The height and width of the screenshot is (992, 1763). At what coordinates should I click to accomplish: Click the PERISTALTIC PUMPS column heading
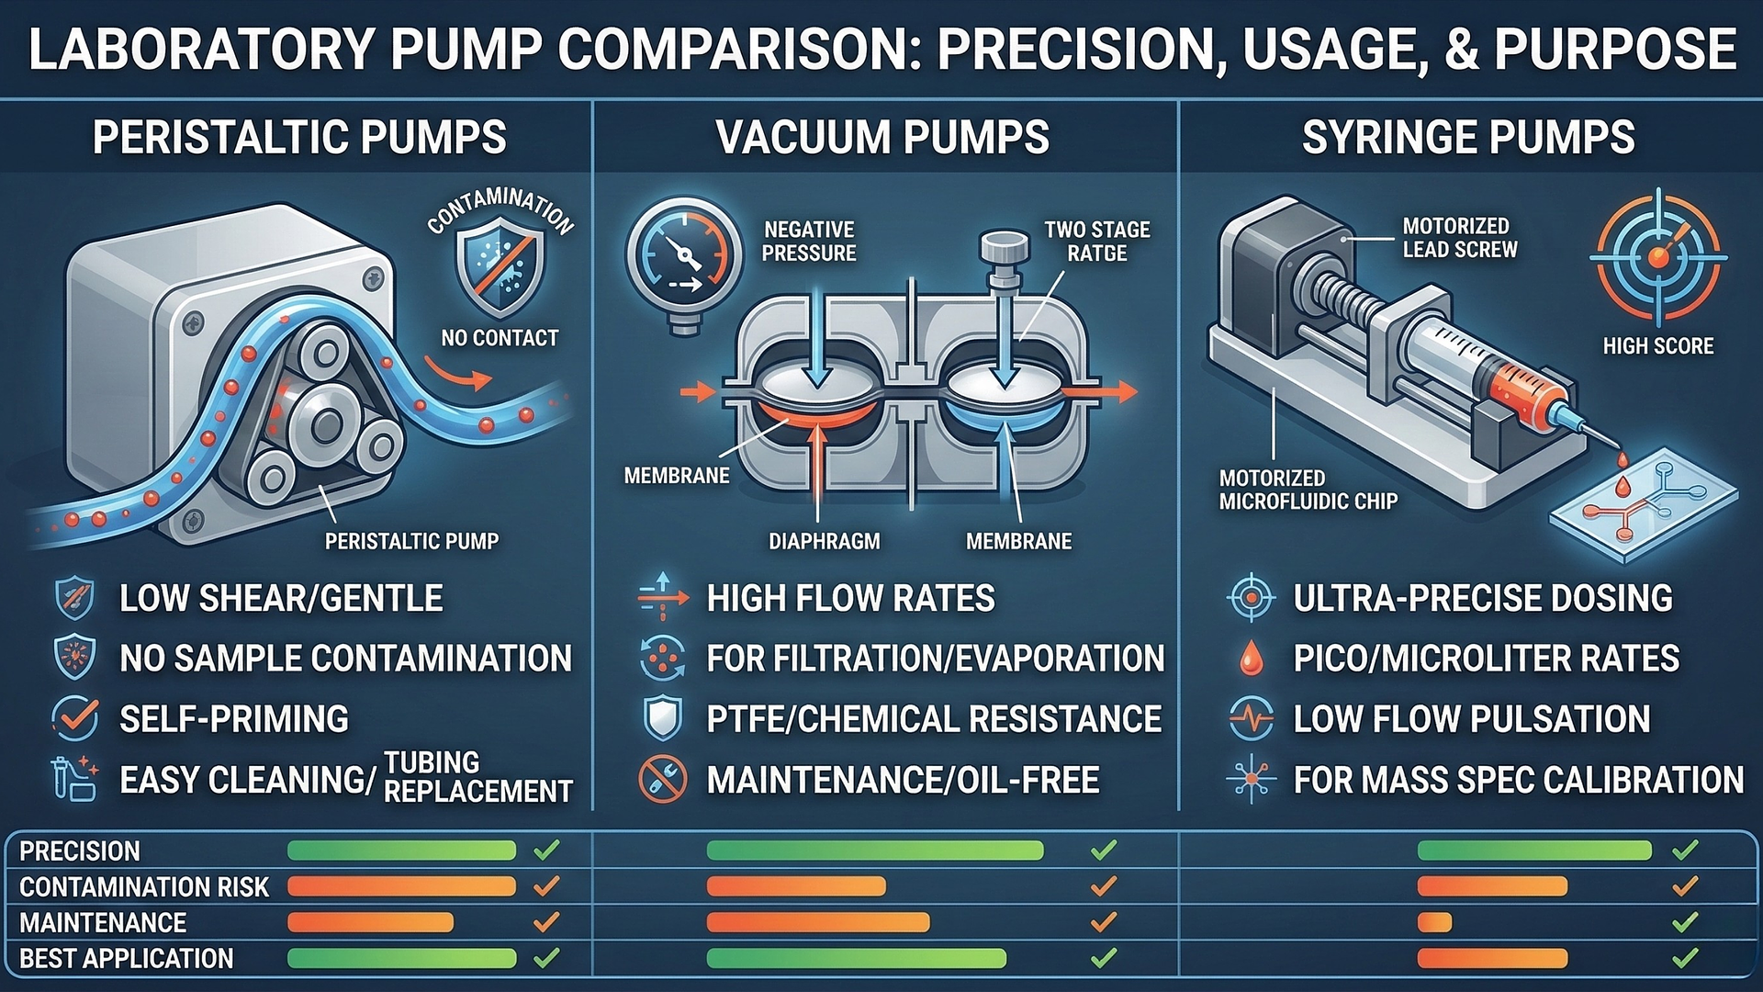pos(299,138)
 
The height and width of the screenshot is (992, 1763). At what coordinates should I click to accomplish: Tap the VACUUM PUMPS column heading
pos(882,138)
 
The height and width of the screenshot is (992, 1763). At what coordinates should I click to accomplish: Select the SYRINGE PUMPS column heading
pos(1468,138)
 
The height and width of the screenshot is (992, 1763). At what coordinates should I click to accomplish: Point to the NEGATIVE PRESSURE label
pos(809,242)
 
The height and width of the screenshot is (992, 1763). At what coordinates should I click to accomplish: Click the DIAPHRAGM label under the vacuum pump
pos(824,542)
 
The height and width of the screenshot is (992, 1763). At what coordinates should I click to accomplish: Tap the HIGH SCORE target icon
pos(1658,257)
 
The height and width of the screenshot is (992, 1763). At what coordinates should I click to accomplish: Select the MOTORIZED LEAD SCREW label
pos(1460,238)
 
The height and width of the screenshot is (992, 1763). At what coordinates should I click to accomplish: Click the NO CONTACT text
pos(500,338)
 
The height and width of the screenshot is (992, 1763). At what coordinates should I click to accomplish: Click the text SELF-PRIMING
pos(234,719)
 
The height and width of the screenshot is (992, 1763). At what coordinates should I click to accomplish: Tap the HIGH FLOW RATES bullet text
pos(850,599)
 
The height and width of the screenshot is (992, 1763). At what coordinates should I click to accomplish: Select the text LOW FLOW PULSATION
pos(1472,719)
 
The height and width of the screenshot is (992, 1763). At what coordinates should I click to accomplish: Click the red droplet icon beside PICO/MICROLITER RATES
pos(1251,659)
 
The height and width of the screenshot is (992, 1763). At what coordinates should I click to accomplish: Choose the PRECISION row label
pos(80,851)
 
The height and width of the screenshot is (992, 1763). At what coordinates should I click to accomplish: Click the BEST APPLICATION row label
pos(127,959)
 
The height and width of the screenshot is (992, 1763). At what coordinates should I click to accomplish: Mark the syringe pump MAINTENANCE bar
pos(1434,922)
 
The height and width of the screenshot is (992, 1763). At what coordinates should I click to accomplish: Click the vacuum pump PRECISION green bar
pos(875,851)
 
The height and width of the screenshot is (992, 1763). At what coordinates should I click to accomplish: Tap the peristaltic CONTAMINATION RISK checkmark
pos(546,886)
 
